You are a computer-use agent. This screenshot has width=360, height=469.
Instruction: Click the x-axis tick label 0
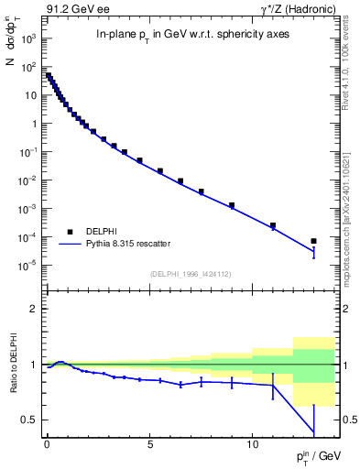pyautogui.click(x=47, y=442)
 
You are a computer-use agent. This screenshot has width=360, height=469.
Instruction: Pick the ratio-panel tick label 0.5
pyautogui.click(x=28, y=420)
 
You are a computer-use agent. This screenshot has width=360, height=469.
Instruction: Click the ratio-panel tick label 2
pyautogui.click(x=33, y=309)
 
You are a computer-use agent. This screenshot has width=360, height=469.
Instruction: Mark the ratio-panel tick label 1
pyautogui.click(x=33, y=365)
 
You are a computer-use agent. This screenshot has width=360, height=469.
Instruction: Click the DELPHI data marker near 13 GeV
pyautogui.click(x=313, y=241)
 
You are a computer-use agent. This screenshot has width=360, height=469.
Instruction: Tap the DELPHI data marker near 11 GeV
pyautogui.click(x=273, y=225)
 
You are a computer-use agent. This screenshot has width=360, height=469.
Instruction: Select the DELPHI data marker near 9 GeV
pyautogui.click(x=232, y=205)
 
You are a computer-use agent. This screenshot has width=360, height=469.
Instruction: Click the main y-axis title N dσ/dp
pyautogui.click(x=13, y=65)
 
